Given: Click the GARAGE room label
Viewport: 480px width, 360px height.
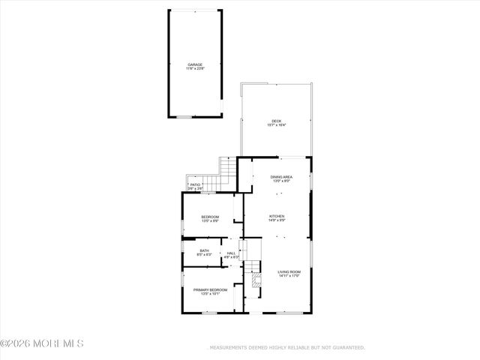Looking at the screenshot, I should click(194, 65).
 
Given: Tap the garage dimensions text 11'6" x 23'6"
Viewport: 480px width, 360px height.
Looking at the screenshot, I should click(194, 70).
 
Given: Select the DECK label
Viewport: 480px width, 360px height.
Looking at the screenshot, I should click(277, 121).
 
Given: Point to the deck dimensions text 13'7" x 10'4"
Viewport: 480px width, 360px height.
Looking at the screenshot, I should click(277, 125).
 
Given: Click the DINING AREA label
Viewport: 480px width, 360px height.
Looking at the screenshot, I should click(282, 177).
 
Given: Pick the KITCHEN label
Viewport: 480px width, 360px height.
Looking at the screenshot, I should click(277, 216).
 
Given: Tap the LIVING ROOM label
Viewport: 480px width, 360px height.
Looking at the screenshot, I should click(289, 271).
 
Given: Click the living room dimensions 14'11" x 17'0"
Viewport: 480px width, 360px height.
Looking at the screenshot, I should click(289, 276).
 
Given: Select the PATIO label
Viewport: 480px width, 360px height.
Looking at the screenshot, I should click(195, 184).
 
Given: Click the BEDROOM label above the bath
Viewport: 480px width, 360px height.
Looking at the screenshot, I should click(209, 217).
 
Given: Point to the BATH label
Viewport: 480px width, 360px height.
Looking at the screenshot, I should click(204, 250).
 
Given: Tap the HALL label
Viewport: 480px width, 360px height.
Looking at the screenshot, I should click(231, 253).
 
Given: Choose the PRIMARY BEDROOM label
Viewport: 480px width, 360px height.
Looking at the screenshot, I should click(210, 289).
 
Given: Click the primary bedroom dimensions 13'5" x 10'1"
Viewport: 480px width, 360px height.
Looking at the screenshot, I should click(210, 294).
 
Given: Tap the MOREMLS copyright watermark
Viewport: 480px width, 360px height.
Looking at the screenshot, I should click(42, 344).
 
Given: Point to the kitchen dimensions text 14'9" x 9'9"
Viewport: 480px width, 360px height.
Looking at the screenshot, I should click(277, 220).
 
